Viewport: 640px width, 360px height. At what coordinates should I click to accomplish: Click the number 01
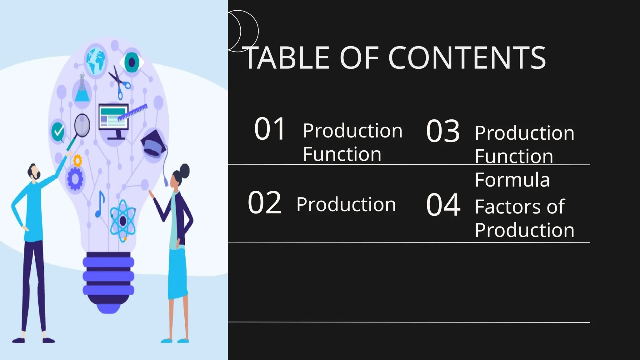point(270,129)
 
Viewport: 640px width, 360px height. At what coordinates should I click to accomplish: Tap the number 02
point(265,203)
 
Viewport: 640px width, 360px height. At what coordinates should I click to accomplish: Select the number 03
point(443,131)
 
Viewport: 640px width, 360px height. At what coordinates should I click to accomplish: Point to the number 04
point(443,205)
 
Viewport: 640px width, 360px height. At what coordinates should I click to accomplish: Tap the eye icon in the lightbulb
point(132,62)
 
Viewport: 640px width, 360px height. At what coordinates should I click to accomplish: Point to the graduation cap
point(153,143)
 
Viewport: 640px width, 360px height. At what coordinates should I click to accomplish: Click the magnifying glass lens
point(82,125)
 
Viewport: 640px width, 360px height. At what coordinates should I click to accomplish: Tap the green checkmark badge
point(58,131)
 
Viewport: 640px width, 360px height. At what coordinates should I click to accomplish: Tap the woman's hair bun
point(185,170)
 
